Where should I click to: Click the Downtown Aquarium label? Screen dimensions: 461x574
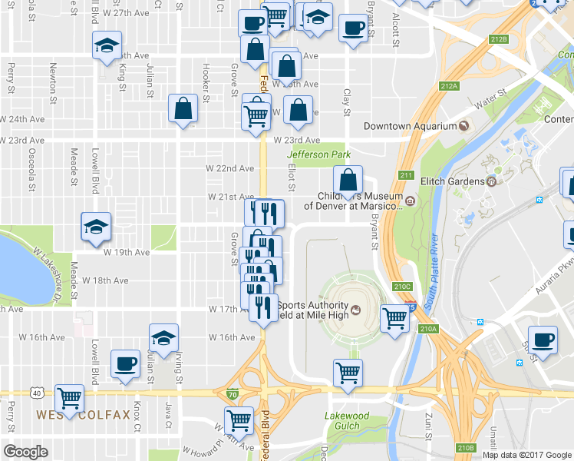(410, 126)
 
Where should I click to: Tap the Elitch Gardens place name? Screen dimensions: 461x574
(452, 181)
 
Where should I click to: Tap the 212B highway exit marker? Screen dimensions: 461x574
(500, 39)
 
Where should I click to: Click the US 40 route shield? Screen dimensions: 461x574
(37, 393)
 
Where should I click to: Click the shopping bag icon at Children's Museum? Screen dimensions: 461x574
(348, 181)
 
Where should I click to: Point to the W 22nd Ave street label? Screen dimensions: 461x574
(229, 168)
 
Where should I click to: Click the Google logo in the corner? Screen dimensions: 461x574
(25, 452)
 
